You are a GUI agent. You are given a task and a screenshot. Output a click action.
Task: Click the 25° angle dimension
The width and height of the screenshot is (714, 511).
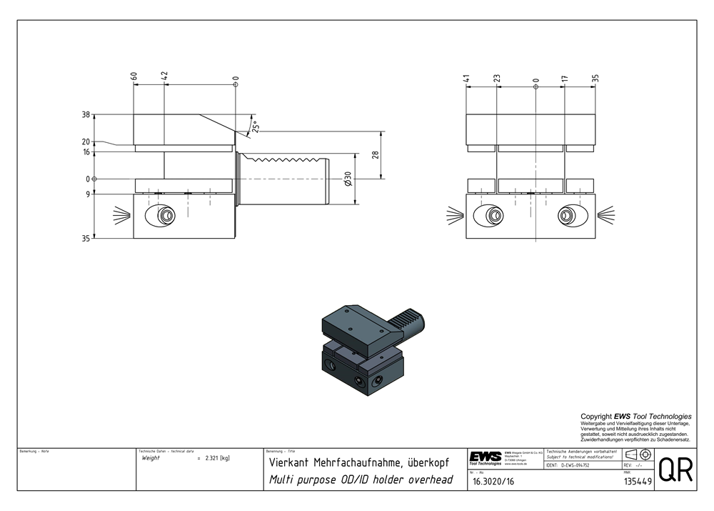pyautogui.click(x=254, y=126)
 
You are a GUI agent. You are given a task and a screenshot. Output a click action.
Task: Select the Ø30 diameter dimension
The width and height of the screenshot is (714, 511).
pyautogui.click(x=348, y=178)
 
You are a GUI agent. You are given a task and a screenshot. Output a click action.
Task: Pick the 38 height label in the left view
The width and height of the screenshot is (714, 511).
pyautogui.click(x=86, y=114)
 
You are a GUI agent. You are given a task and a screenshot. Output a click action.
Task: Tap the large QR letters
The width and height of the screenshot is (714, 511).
pyautogui.click(x=675, y=471)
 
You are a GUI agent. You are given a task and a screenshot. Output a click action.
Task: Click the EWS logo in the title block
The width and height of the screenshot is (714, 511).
pyautogui.click(x=485, y=457)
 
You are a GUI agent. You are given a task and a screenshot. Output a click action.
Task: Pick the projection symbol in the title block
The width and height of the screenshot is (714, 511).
pyautogui.click(x=637, y=455)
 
